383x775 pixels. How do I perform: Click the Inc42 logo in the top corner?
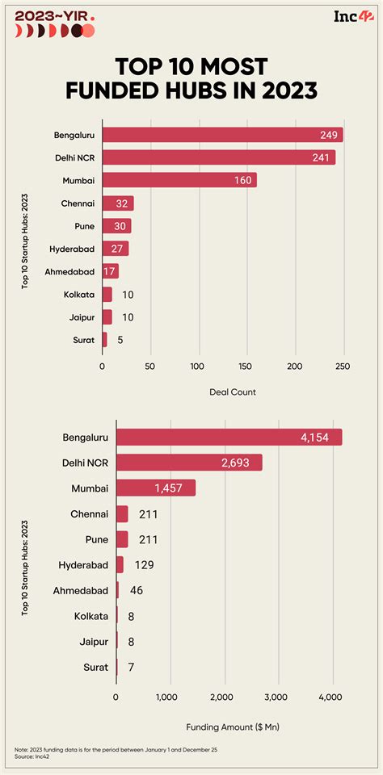click(351, 17)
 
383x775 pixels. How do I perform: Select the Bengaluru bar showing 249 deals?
click(222, 135)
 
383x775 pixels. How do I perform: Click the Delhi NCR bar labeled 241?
click(218, 157)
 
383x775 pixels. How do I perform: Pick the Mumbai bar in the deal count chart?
click(179, 180)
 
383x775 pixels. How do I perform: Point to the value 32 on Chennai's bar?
click(123, 203)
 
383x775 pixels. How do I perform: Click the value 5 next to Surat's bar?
click(120, 340)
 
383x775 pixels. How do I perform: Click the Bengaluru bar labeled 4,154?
click(229, 437)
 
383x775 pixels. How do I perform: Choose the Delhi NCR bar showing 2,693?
click(189, 463)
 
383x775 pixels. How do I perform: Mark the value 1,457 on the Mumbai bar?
click(174, 488)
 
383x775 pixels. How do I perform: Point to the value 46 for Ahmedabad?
click(136, 590)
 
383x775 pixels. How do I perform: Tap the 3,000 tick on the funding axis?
click(276, 697)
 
